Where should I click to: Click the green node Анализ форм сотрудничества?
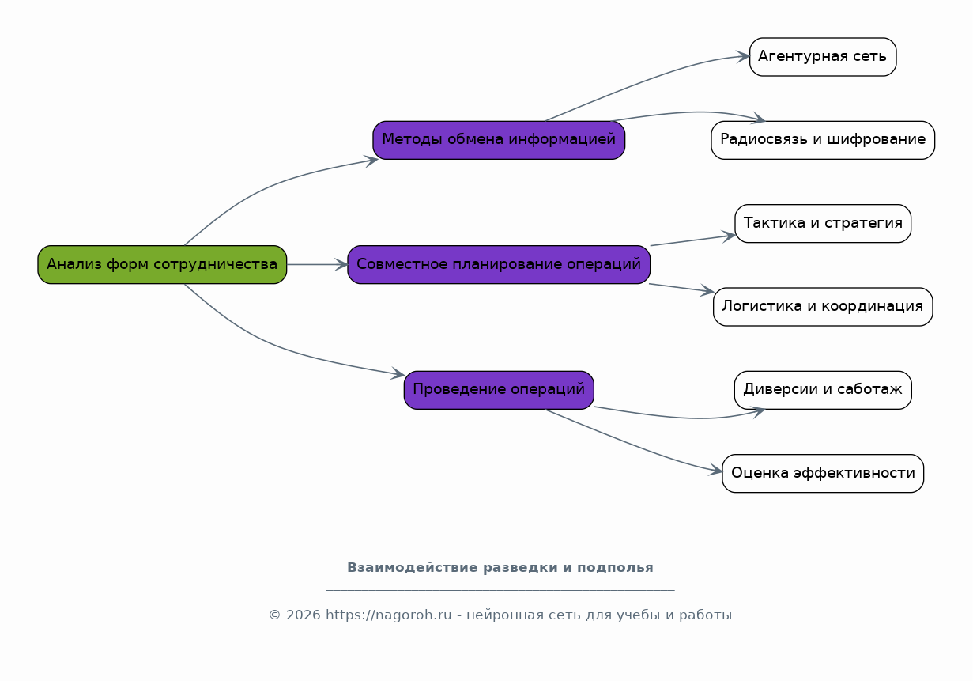click(x=162, y=265)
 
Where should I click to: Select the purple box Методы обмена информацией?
click(x=499, y=140)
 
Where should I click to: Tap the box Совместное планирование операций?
click(x=499, y=265)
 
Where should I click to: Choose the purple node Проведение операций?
click(x=499, y=390)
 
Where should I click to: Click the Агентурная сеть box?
click(x=823, y=57)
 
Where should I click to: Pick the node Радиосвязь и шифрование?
click(x=823, y=140)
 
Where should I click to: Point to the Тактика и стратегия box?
click(x=823, y=223)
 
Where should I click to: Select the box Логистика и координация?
click(x=823, y=307)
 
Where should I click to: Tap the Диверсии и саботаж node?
click(x=823, y=390)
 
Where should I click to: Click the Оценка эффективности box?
click(x=823, y=473)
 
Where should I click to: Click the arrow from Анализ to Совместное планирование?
click(x=317, y=265)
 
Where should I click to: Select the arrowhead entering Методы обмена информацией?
click(x=371, y=161)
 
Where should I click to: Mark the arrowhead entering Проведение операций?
click(x=398, y=373)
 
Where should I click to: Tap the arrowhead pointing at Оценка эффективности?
click(x=716, y=470)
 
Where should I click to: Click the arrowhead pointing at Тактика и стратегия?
click(x=729, y=236)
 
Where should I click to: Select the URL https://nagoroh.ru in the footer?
click(x=389, y=615)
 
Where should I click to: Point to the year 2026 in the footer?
click(x=304, y=615)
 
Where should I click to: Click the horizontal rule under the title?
click(x=500, y=590)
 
